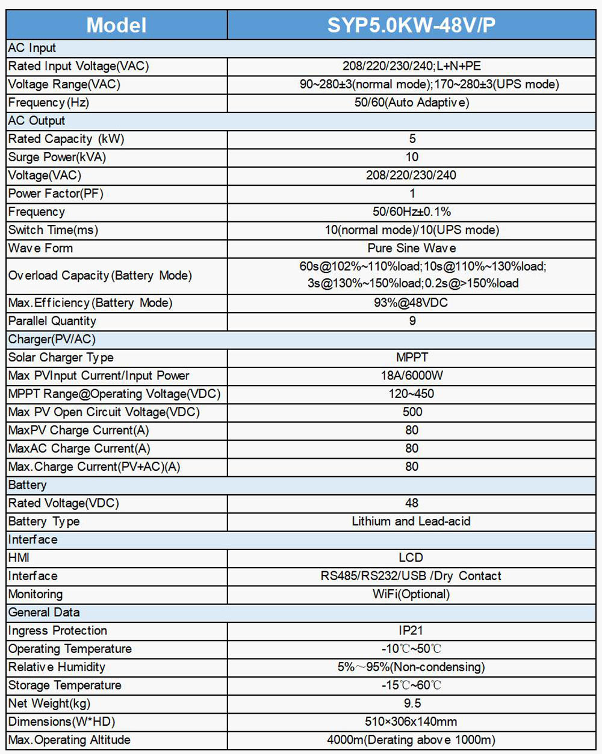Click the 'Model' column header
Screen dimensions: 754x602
tap(116, 25)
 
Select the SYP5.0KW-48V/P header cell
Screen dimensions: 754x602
tap(411, 25)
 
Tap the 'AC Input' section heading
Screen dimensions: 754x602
tap(32, 48)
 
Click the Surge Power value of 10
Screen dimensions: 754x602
tap(412, 157)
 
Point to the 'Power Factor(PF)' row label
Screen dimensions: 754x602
tap(56, 194)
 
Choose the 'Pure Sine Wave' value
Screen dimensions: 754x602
tap(412, 248)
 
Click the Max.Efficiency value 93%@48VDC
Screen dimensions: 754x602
tap(412, 303)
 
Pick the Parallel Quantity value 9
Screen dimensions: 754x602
tap(412, 321)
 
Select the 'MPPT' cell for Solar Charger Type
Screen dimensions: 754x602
tap(412, 357)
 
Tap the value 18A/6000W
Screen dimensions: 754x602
tap(412, 376)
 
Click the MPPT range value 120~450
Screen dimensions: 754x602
tap(412, 394)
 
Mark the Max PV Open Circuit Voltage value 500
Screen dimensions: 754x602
tap(412, 412)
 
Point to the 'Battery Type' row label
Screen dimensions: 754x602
tap(44, 521)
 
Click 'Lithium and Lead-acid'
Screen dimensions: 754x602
tap(411, 521)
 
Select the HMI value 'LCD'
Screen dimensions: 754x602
tap(411, 557)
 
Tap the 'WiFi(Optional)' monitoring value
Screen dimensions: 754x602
tap(411, 594)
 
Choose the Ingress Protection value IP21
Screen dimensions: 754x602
tap(411, 630)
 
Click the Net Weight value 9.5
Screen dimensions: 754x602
tap(412, 703)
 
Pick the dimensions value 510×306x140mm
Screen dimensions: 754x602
tap(411, 722)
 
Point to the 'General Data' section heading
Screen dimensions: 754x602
tap(44, 612)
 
